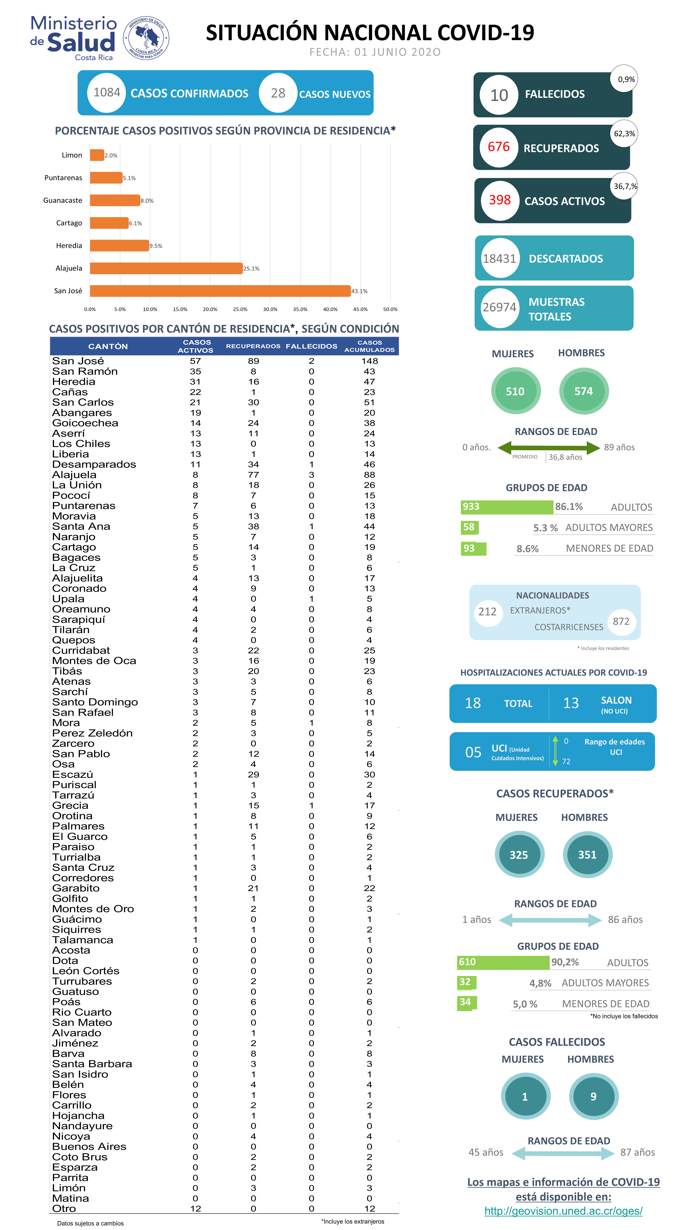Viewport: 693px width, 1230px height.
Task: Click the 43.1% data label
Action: pyautogui.click(x=359, y=291)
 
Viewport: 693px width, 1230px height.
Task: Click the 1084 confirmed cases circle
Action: pyautogui.click(x=106, y=93)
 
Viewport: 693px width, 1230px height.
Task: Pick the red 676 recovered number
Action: pyautogui.click(x=499, y=147)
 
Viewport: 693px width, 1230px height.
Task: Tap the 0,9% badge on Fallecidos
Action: pyautogui.click(x=626, y=79)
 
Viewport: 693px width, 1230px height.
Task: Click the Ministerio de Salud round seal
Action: pyautogui.click(x=146, y=38)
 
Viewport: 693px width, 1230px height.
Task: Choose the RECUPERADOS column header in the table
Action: pyautogui.click(x=253, y=346)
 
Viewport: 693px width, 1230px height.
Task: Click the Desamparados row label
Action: pyautogui.click(x=94, y=465)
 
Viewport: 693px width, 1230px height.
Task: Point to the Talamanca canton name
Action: pyautogui.click(x=83, y=940)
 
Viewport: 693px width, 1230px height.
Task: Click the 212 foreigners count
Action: pyautogui.click(x=487, y=612)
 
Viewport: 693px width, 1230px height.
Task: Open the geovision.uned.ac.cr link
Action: pyautogui.click(x=563, y=1211)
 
